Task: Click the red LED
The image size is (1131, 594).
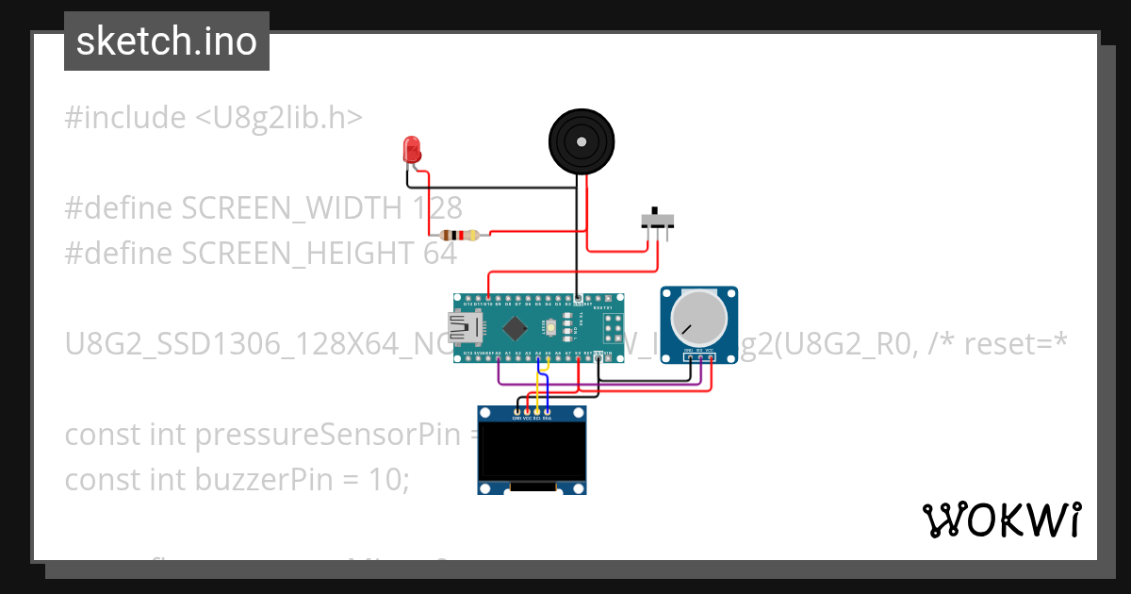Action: coord(411,149)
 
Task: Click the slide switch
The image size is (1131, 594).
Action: coord(657,221)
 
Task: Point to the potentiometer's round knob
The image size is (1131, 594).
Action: coord(698,319)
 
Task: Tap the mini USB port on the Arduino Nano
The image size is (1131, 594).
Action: coord(460,327)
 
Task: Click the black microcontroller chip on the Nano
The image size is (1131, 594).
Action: coord(515,328)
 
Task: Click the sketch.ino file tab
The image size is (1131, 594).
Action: coord(167,41)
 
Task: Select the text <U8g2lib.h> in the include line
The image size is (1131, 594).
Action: coord(279,118)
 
